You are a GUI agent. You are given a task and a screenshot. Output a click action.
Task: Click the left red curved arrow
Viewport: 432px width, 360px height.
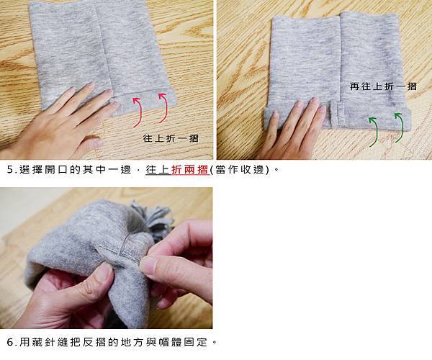point(140,112)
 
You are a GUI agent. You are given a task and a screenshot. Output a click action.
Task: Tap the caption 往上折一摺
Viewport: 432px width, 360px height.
point(171,138)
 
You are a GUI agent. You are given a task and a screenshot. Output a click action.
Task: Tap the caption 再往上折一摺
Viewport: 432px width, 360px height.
point(383,86)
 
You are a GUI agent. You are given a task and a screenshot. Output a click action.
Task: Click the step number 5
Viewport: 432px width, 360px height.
point(10,170)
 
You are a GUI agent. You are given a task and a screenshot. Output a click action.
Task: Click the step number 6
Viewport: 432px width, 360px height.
point(10,343)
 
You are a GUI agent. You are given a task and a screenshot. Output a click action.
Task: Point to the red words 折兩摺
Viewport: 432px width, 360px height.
point(189,170)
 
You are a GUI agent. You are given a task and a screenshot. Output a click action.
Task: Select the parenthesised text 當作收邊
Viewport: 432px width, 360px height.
point(240,170)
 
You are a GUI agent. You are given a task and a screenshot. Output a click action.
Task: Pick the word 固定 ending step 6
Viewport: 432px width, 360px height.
point(196,343)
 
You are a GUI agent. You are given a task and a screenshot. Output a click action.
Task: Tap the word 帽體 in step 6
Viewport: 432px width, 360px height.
point(170,343)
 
